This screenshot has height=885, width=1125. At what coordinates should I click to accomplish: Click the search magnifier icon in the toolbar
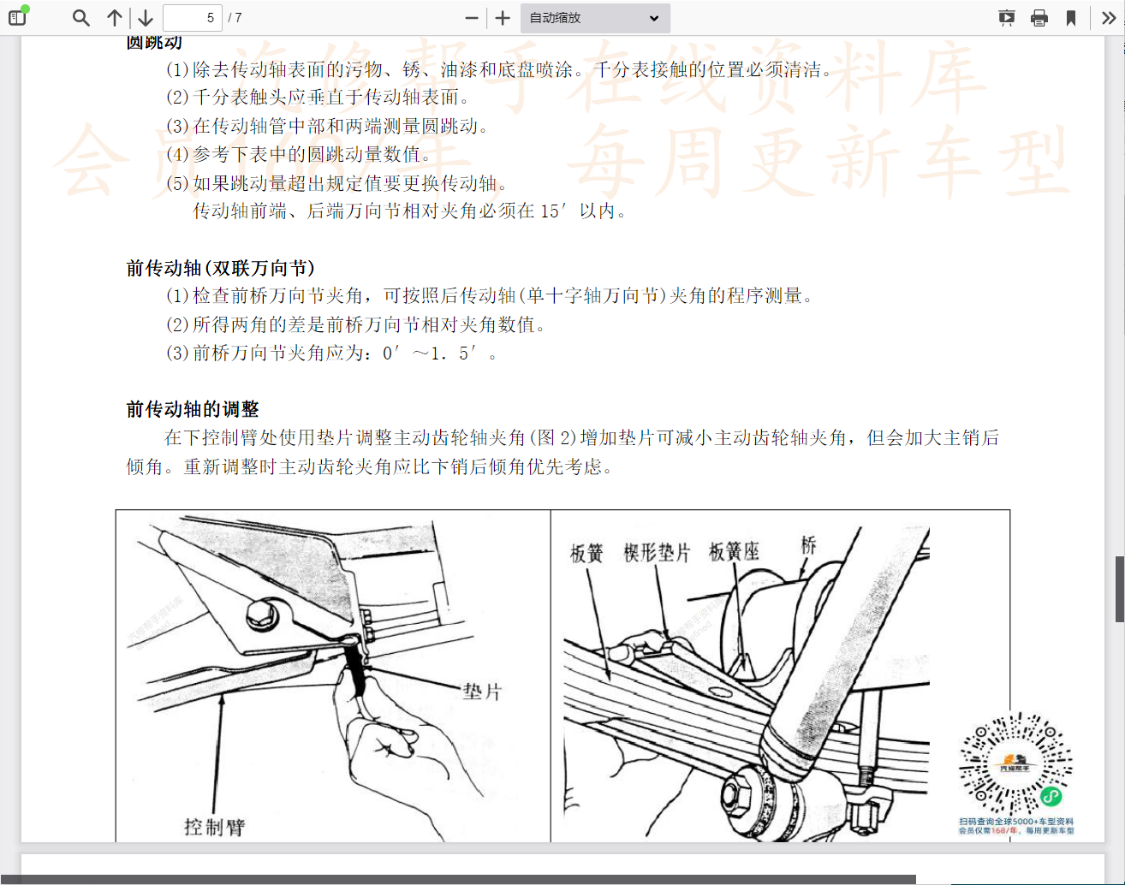(x=81, y=18)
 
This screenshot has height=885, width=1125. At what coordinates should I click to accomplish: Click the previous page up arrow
(x=115, y=18)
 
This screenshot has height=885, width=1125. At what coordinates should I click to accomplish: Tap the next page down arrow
(x=146, y=18)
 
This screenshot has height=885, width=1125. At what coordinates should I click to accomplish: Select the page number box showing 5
(x=193, y=18)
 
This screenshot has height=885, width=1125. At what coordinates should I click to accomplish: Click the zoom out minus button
(x=471, y=18)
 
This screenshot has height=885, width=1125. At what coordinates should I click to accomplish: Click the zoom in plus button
(x=503, y=18)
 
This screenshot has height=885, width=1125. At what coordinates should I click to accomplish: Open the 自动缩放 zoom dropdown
(x=594, y=18)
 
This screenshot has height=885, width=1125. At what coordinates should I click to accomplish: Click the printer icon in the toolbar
(x=1039, y=18)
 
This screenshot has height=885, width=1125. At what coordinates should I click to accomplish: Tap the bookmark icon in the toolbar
(x=1070, y=18)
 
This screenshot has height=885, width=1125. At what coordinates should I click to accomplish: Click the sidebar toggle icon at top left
(x=17, y=18)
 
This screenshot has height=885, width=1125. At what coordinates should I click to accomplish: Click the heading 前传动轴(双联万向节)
(x=221, y=269)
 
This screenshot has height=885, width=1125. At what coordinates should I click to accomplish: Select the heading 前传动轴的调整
(x=193, y=410)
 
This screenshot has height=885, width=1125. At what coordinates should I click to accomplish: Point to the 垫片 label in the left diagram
(x=482, y=692)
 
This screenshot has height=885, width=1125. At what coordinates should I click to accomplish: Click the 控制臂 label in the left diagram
(x=214, y=827)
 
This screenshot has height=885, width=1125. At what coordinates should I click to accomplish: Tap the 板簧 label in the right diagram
(x=586, y=554)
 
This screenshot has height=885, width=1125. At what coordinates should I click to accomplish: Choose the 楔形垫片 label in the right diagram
(x=657, y=553)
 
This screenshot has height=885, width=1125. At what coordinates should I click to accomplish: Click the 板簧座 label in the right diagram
(x=734, y=552)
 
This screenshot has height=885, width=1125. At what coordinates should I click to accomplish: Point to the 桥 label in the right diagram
(x=808, y=545)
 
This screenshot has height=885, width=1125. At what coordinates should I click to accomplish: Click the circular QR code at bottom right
(x=1015, y=763)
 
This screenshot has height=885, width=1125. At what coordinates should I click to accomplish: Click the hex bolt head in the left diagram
(x=259, y=614)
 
